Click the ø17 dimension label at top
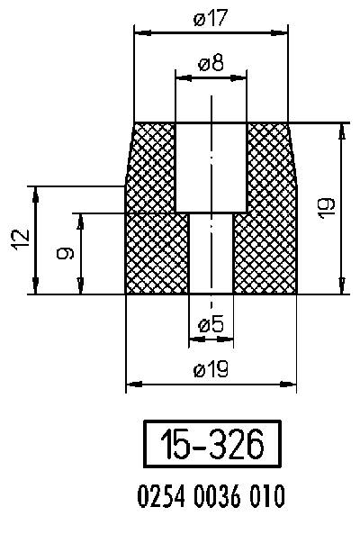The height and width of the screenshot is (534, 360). pyautogui.click(x=211, y=18)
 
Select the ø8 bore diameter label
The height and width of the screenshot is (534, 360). pyautogui.click(x=211, y=65)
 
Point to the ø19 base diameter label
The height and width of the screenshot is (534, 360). pyautogui.click(x=211, y=369)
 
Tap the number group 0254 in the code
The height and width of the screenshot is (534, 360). pyautogui.click(x=159, y=495)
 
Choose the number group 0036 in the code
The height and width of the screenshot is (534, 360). pyautogui.click(x=211, y=495)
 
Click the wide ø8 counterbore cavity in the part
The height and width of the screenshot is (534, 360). pyautogui.click(x=211, y=167)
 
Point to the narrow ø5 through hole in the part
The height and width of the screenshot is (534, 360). pyautogui.click(x=211, y=254)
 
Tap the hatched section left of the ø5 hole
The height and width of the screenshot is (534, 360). pyautogui.click(x=157, y=254)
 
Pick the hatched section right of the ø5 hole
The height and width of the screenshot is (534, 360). pyautogui.click(x=265, y=254)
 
